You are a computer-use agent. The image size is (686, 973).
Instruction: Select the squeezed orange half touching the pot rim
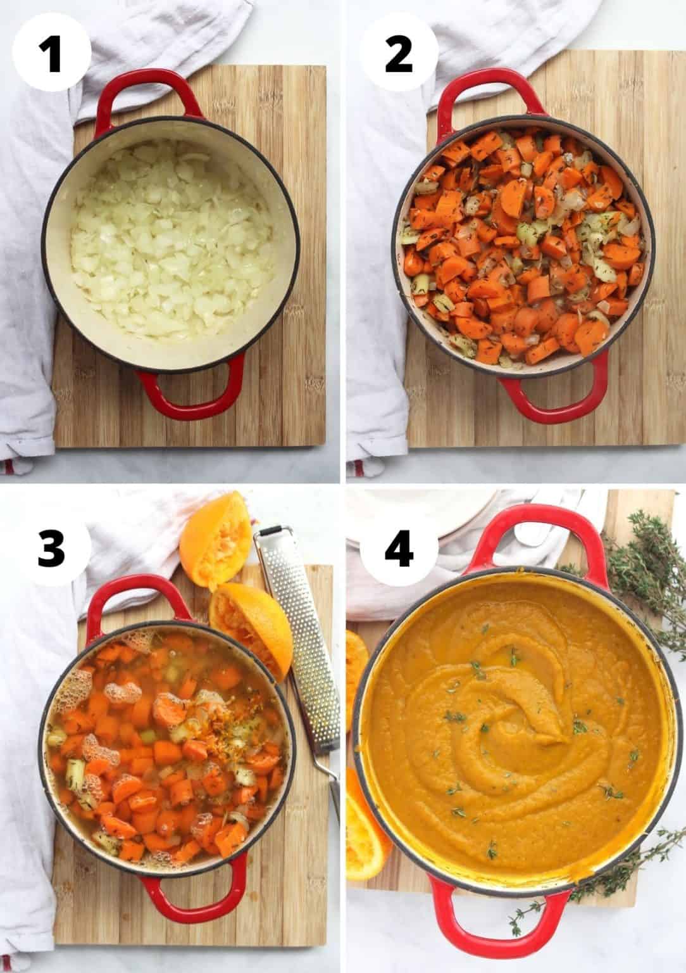[253, 618]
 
